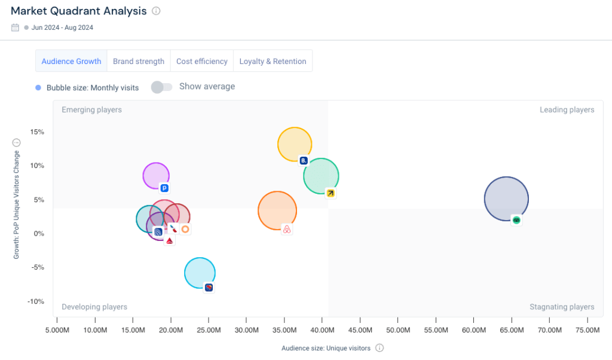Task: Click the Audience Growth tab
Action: tap(71, 61)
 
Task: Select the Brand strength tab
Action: tap(139, 61)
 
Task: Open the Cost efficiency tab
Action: tap(202, 61)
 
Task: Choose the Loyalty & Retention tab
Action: tap(273, 61)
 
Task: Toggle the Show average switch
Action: tap(161, 87)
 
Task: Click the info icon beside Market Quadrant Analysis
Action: tap(156, 11)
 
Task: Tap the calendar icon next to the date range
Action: tap(16, 28)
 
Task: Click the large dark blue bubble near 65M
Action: tap(506, 199)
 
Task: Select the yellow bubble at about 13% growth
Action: tap(294, 144)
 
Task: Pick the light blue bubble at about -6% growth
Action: tap(199, 273)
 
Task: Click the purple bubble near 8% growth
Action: tap(155, 175)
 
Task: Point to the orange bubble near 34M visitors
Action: tap(277, 210)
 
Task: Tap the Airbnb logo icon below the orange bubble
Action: tap(286, 230)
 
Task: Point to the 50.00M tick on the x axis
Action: tap(398, 330)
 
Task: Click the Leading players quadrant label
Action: tap(567, 110)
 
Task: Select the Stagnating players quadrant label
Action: tap(562, 307)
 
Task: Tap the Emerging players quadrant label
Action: tap(91, 110)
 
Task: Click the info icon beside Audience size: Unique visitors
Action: tap(380, 348)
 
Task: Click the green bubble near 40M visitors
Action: tap(320, 176)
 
